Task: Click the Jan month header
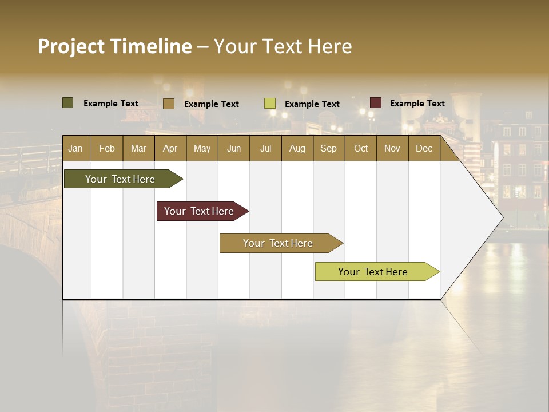(x=75, y=148)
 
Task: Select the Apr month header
(x=170, y=148)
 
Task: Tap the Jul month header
(x=265, y=148)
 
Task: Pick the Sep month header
(x=328, y=148)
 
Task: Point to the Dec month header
(x=424, y=148)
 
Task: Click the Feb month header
(x=107, y=148)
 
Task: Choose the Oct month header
(x=361, y=148)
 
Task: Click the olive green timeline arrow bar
(x=120, y=179)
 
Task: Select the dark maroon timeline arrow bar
(x=199, y=211)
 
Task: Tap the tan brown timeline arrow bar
(x=278, y=243)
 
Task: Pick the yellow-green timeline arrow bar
(x=373, y=272)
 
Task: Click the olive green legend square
(x=67, y=103)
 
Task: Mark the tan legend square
(x=169, y=104)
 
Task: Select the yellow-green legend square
(x=270, y=104)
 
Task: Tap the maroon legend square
(x=376, y=103)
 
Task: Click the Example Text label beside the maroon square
(x=417, y=104)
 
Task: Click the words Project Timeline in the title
(x=114, y=46)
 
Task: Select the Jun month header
(x=234, y=148)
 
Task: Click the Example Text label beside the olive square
(x=110, y=104)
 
